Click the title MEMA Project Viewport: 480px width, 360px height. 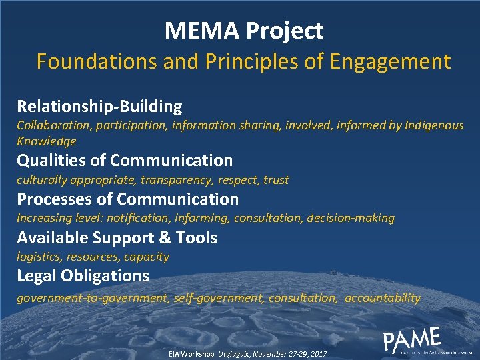point(244,31)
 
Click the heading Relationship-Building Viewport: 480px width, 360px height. point(99,106)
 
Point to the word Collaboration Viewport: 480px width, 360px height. point(51,125)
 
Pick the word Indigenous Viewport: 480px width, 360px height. point(434,125)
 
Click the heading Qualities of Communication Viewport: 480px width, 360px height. point(125,161)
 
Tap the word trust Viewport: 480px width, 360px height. point(276,180)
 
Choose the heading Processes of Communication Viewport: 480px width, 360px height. point(127,199)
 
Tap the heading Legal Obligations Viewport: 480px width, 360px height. point(83,276)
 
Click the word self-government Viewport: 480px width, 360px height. point(218,298)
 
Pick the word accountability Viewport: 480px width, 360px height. point(383,298)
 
